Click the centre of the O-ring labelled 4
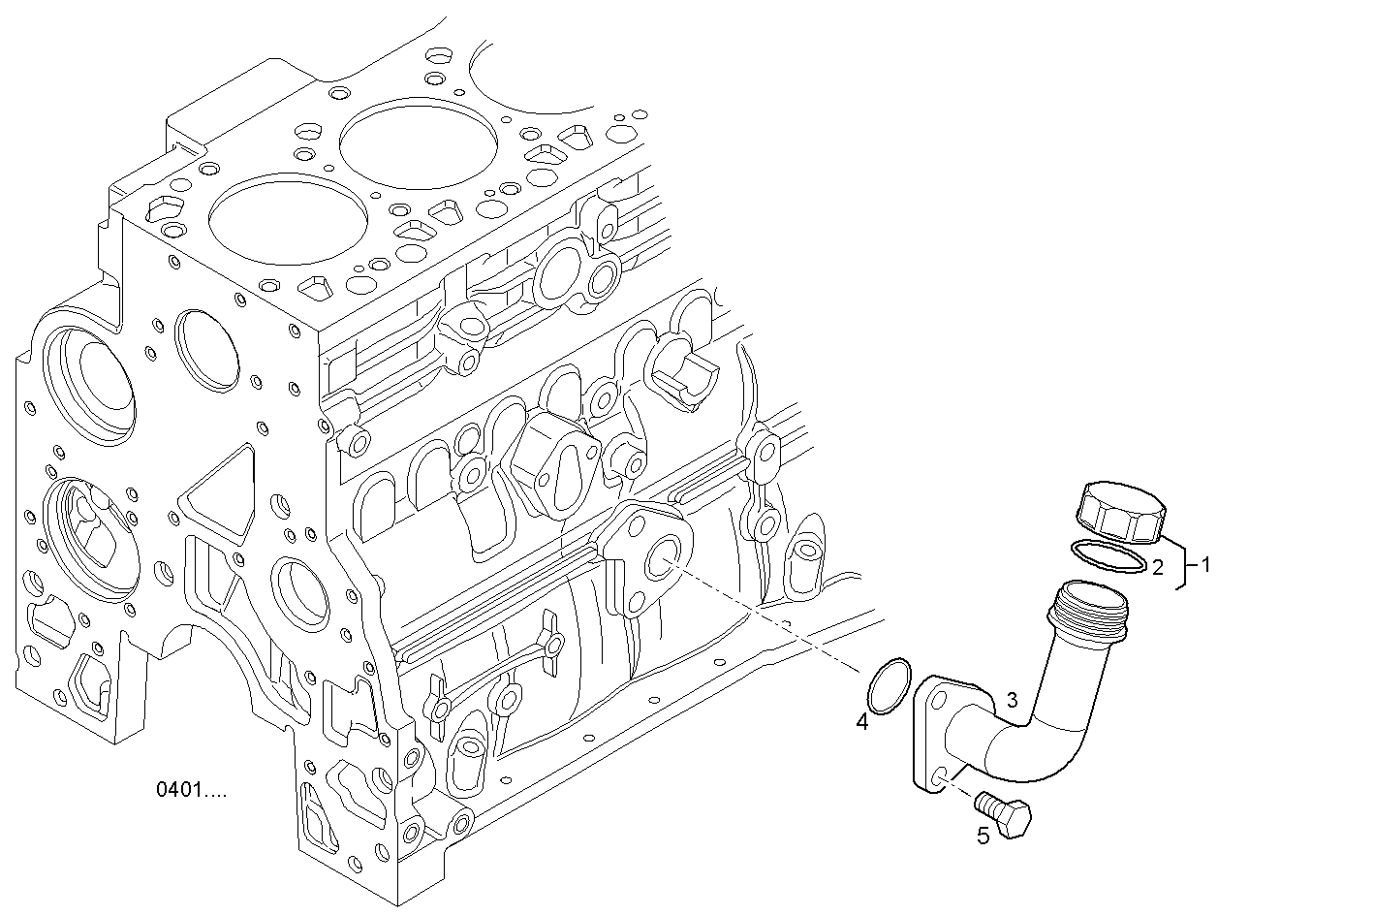[x=890, y=686]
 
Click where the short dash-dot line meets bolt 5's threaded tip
[x=978, y=799]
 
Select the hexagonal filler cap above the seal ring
[x=1121, y=513]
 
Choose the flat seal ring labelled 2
[x=1109, y=555]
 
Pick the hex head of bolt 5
[x=1015, y=819]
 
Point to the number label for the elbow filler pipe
[x=1013, y=700]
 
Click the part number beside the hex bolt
[x=984, y=836]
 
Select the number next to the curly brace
[x=1206, y=564]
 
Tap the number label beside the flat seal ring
[x=1158, y=567]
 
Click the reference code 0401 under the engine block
[x=192, y=790]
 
